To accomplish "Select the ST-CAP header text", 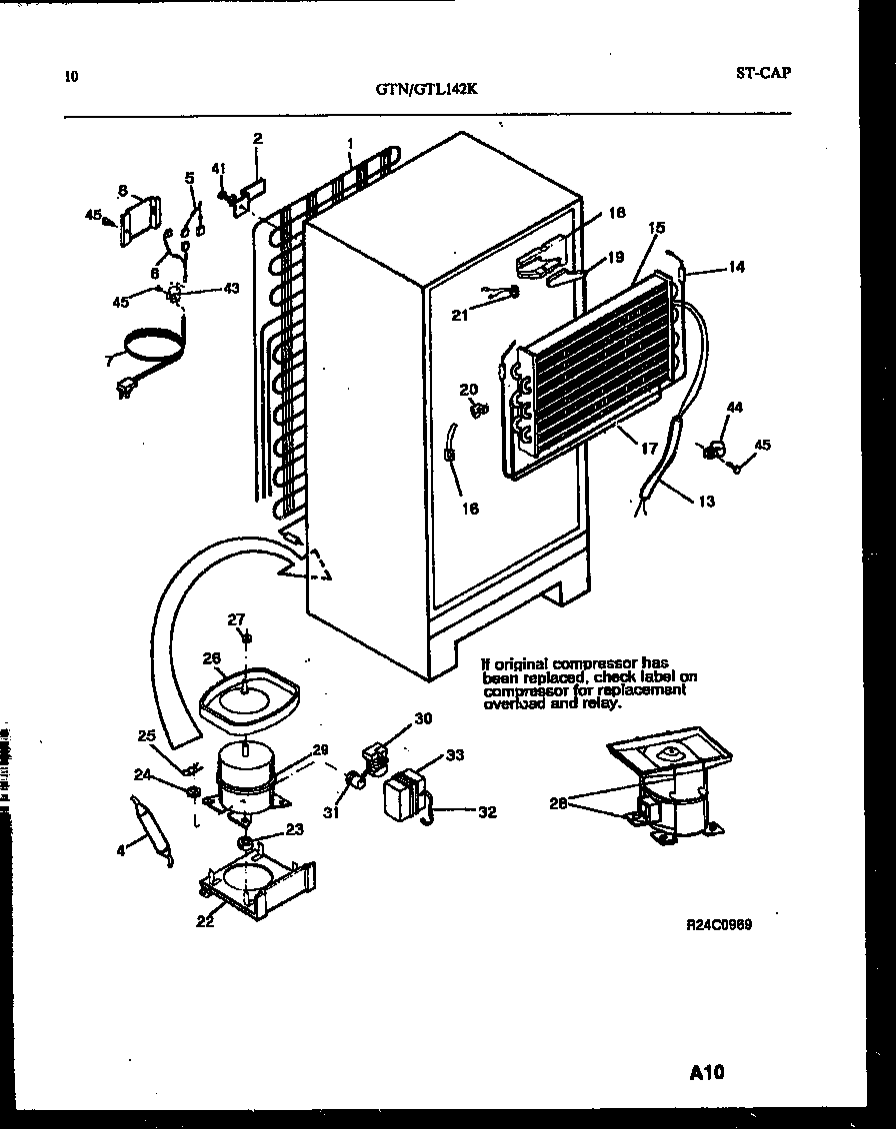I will coord(762,72).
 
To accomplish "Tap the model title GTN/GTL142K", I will coord(427,88).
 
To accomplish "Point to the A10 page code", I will coord(706,1073).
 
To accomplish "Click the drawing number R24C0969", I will coord(718,925).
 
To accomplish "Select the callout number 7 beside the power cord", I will coord(108,360).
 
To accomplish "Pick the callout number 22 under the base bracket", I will coord(204,921).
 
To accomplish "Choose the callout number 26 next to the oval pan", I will coord(211,658).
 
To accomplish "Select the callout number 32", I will coord(487,812).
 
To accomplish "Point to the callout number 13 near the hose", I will coord(706,502).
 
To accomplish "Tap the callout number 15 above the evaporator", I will coord(656,229).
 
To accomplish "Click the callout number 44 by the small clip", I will coord(735,408).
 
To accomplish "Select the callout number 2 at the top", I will coord(257,139).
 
